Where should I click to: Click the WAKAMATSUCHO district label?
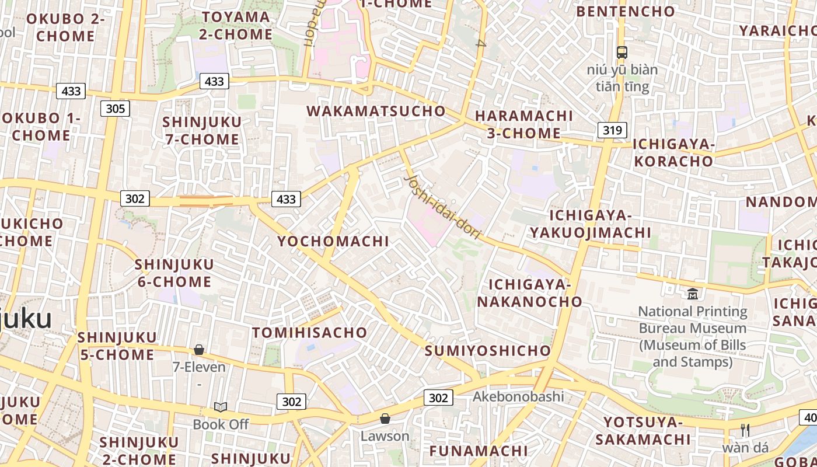click(376, 111)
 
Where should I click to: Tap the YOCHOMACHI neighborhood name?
click(333, 241)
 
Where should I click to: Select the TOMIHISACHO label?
click(310, 333)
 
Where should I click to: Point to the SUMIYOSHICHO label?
click(488, 351)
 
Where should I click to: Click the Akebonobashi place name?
click(518, 397)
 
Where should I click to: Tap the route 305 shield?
click(115, 109)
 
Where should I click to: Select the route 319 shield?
click(612, 130)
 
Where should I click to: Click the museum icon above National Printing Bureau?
click(693, 293)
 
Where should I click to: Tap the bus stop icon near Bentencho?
click(622, 52)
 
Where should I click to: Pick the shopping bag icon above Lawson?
click(385, 418)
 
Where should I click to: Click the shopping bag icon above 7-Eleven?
click(199, 350)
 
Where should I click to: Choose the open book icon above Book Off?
click(221, 407)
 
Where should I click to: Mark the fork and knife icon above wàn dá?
click(745, 430)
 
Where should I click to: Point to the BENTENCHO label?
click(626, 11)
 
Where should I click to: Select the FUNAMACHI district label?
click(479, 451)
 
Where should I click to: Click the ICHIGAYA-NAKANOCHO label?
click(530, 293)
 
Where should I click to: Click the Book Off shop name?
click(221, 424)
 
